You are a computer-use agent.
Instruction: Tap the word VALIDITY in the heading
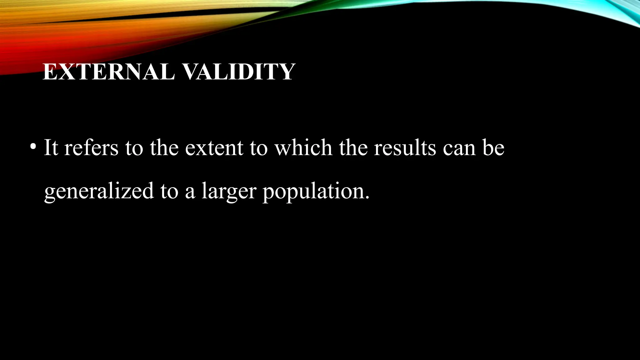click(x=238, y=72)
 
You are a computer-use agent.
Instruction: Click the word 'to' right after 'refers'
click(x=134, y=148)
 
